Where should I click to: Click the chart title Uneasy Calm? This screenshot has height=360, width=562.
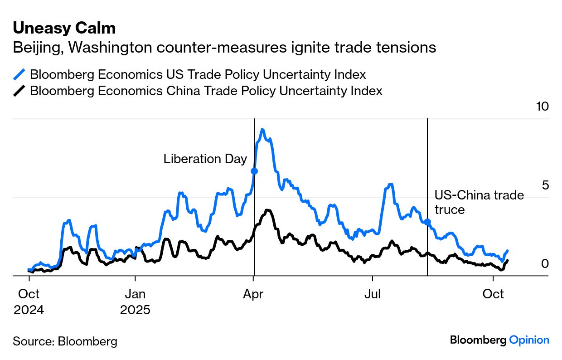click(x=64, y=28)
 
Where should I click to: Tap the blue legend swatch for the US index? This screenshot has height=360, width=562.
click(x=19, y=74)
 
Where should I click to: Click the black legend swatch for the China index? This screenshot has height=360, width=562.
click(x=19, y=91)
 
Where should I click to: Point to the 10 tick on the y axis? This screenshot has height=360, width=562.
click(x=542, y=107)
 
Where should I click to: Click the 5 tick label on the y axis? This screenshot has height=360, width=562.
click(x=545, y=185)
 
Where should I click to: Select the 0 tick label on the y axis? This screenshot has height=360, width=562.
click(x=545, y=263)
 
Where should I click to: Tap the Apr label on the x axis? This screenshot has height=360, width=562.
click(x=253, y=294)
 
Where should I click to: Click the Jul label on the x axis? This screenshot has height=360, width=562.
click(x=373, y=294)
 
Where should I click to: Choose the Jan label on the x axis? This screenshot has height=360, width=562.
click(x=135, y=294)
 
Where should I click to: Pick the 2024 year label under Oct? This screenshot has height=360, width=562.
click(x=29, y=311)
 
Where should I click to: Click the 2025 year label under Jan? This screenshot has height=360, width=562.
click(x=135, y=311)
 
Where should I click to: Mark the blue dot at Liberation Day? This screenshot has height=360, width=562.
click(x=254, y=171)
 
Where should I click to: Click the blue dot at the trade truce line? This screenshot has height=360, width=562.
click(x=427, y=222)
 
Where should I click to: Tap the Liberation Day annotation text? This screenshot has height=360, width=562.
click(x=205, y=159)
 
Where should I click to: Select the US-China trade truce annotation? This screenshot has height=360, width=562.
click(x=479, y=202)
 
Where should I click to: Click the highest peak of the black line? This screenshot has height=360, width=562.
click(x=268, y=210)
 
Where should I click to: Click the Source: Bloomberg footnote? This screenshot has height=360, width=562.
click(x=65, y=341)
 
